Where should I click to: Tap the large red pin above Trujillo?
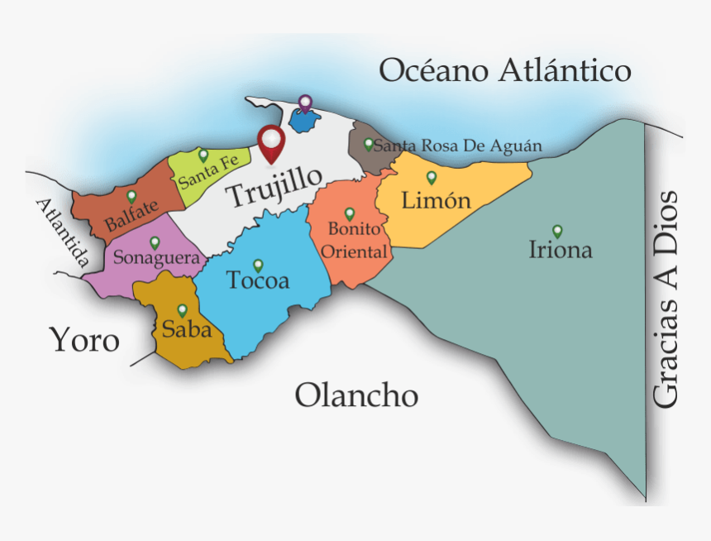pos(270,142)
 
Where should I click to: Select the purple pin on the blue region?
pos(305,103)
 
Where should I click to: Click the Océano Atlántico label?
pos(504,71)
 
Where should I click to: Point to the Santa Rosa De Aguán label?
pos(458,146)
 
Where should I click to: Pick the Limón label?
pos(436,200)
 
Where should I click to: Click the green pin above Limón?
pos(431,177)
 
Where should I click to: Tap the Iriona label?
pos(561,250)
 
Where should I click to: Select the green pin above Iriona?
pos(557,231)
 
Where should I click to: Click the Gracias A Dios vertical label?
pos(666,299)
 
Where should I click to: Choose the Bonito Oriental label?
pos(354,240)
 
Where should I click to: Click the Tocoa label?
pos(259,281)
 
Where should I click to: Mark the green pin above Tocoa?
pos(258,266)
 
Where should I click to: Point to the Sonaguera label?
pos(156,258)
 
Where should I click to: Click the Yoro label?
pos(84,340)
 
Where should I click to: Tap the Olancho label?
pos(356,395)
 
